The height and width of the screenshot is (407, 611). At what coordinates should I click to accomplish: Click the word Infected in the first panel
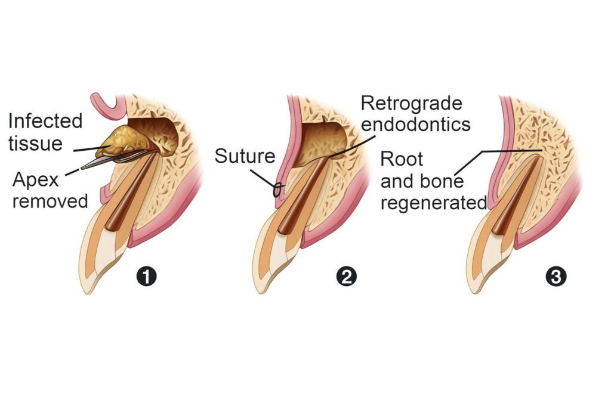pos(45,121)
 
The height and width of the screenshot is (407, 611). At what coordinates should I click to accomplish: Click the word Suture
pos(245,156)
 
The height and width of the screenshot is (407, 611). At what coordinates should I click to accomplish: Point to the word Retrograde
pos(412,103)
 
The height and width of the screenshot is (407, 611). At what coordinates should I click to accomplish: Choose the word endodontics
pos(415,125)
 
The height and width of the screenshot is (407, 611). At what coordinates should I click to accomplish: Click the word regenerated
pos(434,203)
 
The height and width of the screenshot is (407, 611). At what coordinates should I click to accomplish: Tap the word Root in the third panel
pos(402,159)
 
